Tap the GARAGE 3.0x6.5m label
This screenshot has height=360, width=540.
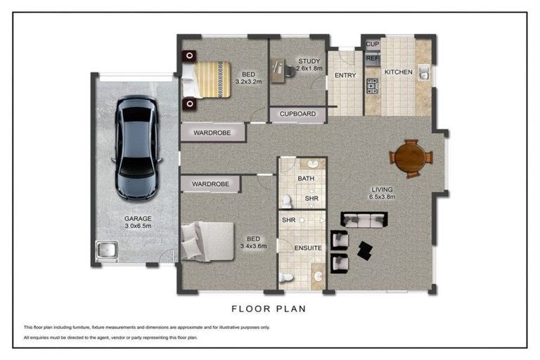click(138, 222)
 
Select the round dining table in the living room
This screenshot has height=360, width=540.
click(410, 158)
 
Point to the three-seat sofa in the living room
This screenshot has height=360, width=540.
click(364, 220)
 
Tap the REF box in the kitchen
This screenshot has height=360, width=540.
click(372, 59)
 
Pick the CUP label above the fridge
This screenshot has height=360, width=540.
click(372, 44)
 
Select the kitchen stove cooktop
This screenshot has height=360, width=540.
click(372, 86)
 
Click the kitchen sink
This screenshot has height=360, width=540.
click(424, 72)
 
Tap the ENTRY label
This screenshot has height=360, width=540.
click(345, 75)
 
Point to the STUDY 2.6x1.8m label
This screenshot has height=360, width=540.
click(309, 65)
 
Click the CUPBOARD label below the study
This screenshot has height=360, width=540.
click(297, 114)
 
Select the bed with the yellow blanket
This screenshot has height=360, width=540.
click(211, 78)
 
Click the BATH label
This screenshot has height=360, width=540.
click(306, 179)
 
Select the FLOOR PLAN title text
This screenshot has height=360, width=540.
click(269, 308)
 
